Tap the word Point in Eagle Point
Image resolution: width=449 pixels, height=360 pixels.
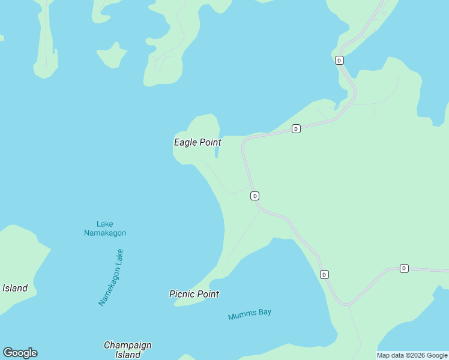tap(210, 143)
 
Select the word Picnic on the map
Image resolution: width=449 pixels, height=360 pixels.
tap(182, 294)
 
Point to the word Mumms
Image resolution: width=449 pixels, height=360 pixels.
tap(241, 315)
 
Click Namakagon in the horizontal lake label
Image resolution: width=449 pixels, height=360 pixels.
tap(105, 233)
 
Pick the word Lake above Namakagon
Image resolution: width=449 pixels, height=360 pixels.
tap(105, 224)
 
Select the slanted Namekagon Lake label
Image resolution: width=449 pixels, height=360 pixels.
tap(111, 277)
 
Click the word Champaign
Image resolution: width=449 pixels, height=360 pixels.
tap(127, 345)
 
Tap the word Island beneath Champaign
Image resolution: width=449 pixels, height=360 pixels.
tap(127, 355)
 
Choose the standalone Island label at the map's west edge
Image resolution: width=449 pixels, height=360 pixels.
tap(14, 288)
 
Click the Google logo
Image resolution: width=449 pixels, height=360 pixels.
tap(20, 353)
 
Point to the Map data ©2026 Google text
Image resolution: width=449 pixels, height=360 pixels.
tap(412, 355)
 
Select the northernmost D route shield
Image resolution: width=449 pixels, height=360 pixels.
tap(339, 60)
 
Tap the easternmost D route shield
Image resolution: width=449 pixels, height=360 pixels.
tap(404, 268)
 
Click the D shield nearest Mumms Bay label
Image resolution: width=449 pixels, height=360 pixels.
tap(324, 274)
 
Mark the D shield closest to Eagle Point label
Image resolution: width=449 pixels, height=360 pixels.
tap(255, 196)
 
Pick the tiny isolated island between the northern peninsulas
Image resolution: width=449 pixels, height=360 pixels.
tap(112, 57)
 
